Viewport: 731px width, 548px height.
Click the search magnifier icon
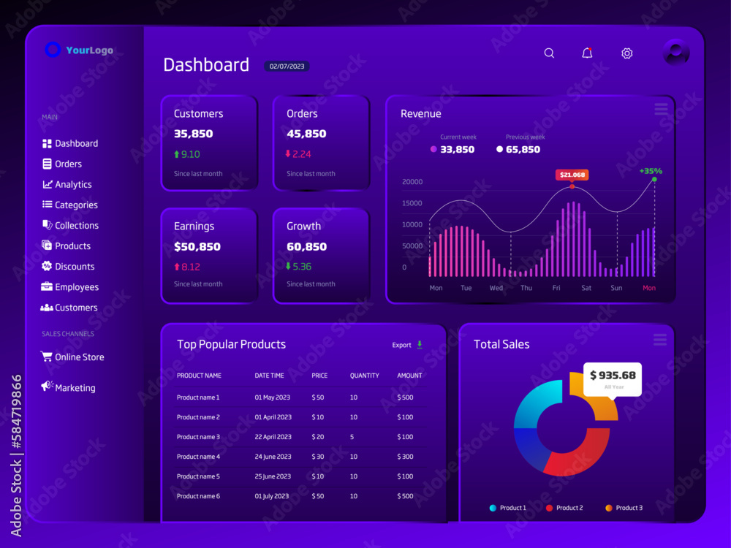pyautogui.click(x=549, y=53)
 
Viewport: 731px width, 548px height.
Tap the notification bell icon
pyautogui.click(x=588, y=53)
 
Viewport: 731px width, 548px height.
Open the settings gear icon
pyautogui.click(x=627, y=53)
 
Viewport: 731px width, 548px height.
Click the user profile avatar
pyautogui.click(x=676, y=52)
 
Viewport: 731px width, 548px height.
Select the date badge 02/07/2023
pyautogui.click(x=287, y=66)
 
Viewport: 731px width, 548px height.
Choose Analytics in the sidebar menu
pyautogui.click(x=67, y=185)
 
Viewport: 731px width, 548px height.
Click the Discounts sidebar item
pyautogui.click(x=68, y=267)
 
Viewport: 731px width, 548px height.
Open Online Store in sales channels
pyautogui.click(x=72, y=357)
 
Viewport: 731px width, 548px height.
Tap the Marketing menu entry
pyautogui.click(x=68, y=387)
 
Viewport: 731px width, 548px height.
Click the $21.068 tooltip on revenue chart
pyautogui.click(x=572, y=175)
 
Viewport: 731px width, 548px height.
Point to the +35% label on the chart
pyautogui.click(x=651, y=171)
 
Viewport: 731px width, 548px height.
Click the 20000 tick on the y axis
pyautogui.click(x=412, y=182)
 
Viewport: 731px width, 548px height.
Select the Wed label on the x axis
pyautogui.click(x=496, y=288)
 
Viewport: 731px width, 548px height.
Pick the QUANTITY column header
pyautogui.click(x=365, y=376)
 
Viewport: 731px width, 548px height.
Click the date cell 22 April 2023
pyautogui.click(x=273, y=437)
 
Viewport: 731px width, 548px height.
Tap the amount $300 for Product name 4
pyautogui.click(x=405, y=457)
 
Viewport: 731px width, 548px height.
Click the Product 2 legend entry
pyautogui.click(x=564, y=508)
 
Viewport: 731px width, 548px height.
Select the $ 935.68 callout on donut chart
pyautogui.click(x=613, y=379)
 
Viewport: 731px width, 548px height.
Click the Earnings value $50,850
pyautogui.click(x=197, y=246)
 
